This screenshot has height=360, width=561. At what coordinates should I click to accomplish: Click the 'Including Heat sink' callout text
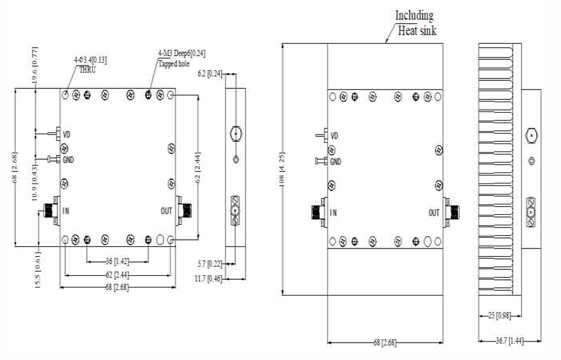click(414, 23)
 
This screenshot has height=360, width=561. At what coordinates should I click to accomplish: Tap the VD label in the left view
click(67, 135)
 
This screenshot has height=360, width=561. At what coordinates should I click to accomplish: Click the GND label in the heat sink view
click(335, 162)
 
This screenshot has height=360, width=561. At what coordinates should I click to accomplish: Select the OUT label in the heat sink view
click(434, 213)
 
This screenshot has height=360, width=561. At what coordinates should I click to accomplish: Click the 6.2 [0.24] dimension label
click(209, 74)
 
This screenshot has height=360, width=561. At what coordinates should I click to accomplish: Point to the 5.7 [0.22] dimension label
click(209, 264)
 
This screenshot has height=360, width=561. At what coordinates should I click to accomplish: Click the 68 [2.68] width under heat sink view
click(385, 343)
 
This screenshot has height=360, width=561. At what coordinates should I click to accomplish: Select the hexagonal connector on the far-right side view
click(531, 137)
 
